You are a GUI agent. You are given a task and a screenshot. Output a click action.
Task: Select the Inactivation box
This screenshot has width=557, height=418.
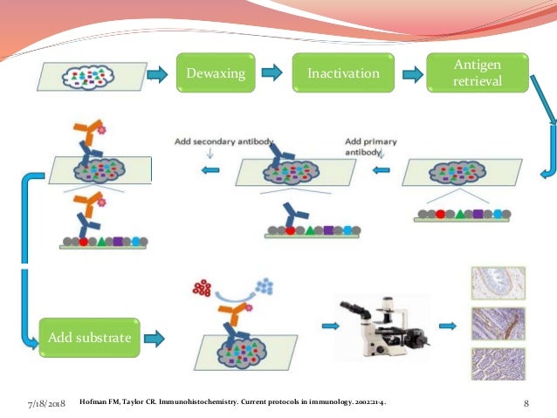pos(343,73)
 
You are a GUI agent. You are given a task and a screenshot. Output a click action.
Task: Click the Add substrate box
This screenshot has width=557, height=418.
pos(90,337)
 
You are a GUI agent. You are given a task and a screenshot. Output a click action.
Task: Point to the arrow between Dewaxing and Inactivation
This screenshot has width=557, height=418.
pos(273,73)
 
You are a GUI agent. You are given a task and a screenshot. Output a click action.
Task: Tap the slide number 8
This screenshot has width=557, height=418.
pos(527,402)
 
